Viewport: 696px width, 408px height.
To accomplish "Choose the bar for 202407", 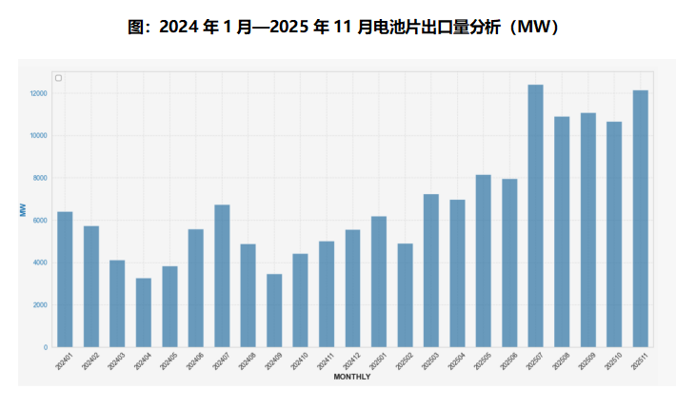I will pyautogui.click(x=222, y=276).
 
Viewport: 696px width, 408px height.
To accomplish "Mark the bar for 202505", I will pyautogui.click(x=484, y=261).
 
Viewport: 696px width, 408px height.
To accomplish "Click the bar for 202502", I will pyautogui.click(x=405, y=295).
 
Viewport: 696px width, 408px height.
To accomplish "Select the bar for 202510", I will pyautogui.click(x=614, y=234).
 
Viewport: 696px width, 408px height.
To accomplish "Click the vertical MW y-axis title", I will pyautogui.click(x=23, y=209).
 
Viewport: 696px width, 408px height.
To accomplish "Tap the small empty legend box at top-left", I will pyautogui.click(x=58, y=78).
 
